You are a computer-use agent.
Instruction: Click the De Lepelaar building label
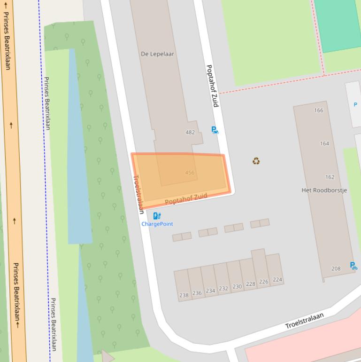pos(157,54)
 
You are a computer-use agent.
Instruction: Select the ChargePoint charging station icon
pos(157,216)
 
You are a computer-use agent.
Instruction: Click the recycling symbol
pos(256,161)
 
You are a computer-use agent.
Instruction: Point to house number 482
pos(190,132)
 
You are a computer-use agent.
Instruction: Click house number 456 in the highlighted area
pos(190,173)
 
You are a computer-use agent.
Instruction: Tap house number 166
pos(319,110)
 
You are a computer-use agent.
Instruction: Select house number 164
pos(324,143)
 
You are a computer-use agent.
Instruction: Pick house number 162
pos(330,177)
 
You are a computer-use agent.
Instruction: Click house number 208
pos(336,268)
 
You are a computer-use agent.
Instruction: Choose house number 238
pos(184,295)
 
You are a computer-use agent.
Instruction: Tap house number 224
pos(277,280)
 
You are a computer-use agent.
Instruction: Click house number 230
pos(237,286)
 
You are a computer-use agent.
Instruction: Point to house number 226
pos(263,282)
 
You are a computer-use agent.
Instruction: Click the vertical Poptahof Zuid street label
pos(212,86)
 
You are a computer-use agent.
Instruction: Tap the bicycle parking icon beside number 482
pos(215,130)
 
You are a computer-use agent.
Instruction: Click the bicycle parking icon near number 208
pos(353,266)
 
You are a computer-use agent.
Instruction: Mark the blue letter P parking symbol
pos(355,104)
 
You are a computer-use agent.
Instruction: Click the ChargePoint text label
pos(157,224)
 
